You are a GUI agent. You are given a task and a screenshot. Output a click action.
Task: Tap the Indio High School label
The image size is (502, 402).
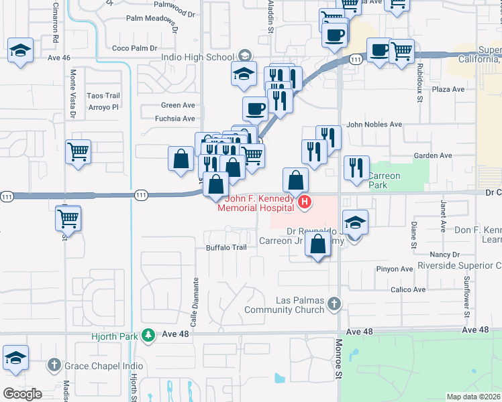point(197,57)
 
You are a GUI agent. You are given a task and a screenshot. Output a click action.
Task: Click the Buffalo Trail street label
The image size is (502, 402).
point(226,247)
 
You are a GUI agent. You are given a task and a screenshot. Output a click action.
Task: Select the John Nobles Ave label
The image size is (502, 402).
point(374,125)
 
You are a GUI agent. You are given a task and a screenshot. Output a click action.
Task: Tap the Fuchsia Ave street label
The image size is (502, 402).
point(174,119)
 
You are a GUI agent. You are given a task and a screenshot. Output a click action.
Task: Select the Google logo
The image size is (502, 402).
point(22,394)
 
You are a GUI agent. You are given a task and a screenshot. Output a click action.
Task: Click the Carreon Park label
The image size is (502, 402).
point(383,180)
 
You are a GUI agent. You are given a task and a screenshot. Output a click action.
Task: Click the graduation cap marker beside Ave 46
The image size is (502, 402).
point(21,51)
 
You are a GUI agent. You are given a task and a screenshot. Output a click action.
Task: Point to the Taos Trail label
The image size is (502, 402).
point(103,96)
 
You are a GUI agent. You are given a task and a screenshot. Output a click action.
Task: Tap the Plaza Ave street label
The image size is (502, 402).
point(448,89)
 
